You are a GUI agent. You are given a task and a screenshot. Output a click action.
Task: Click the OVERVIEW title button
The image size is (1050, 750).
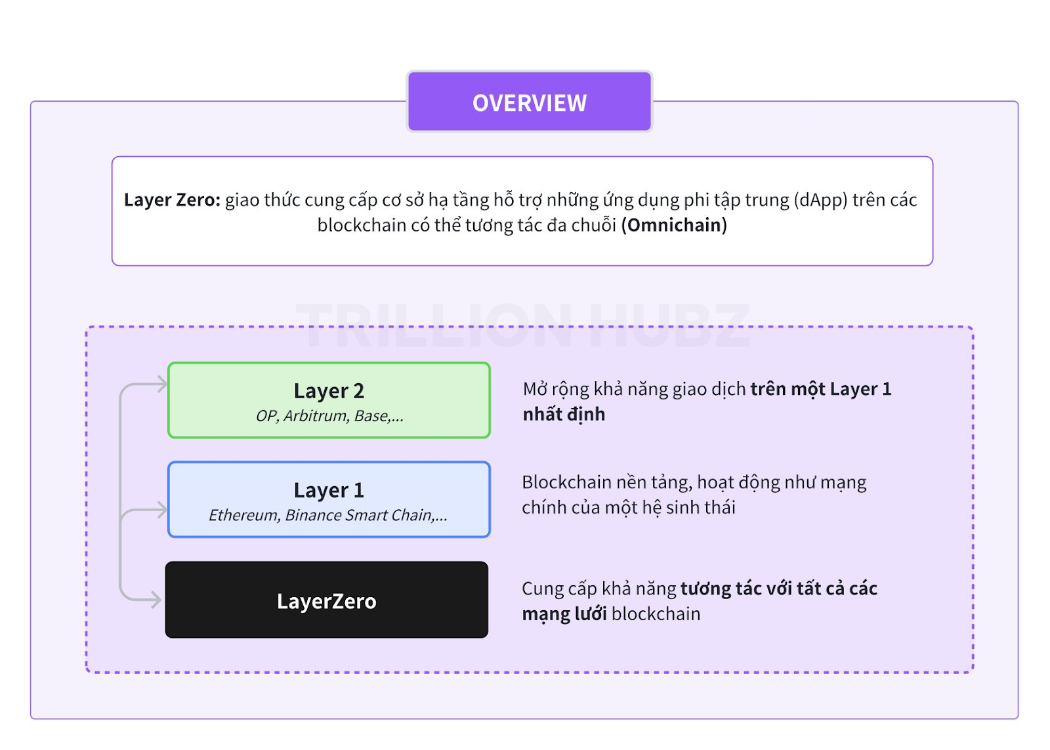[x=529, y=102]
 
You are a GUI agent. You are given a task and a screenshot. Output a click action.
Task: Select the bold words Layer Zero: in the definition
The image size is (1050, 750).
[x=172, y=200]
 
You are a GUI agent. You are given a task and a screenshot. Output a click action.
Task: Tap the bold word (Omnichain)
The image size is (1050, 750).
[x=674, y=226]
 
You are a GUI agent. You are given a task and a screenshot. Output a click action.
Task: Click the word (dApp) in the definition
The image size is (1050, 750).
[x=820, y=200]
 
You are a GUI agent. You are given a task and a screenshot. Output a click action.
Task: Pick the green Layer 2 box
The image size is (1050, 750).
[x=329, y=400]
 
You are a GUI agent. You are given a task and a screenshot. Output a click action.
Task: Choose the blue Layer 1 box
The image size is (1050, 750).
[x=329, y=500]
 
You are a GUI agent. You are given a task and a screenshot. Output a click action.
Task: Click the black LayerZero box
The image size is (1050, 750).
[x=327, y=600]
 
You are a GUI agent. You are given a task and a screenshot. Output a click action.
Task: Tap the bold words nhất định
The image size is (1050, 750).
[x=564, y=415]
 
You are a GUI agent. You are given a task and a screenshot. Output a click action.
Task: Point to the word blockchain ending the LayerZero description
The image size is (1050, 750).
[x=656, y=614]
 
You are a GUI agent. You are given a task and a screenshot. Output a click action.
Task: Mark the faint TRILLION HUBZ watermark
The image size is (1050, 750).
[x=522, y=325]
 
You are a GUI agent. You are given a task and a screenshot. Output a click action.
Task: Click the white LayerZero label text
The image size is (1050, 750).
[x=327, y=602]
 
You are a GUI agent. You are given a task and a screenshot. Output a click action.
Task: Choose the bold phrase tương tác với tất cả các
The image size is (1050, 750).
[x=778, y=589]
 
